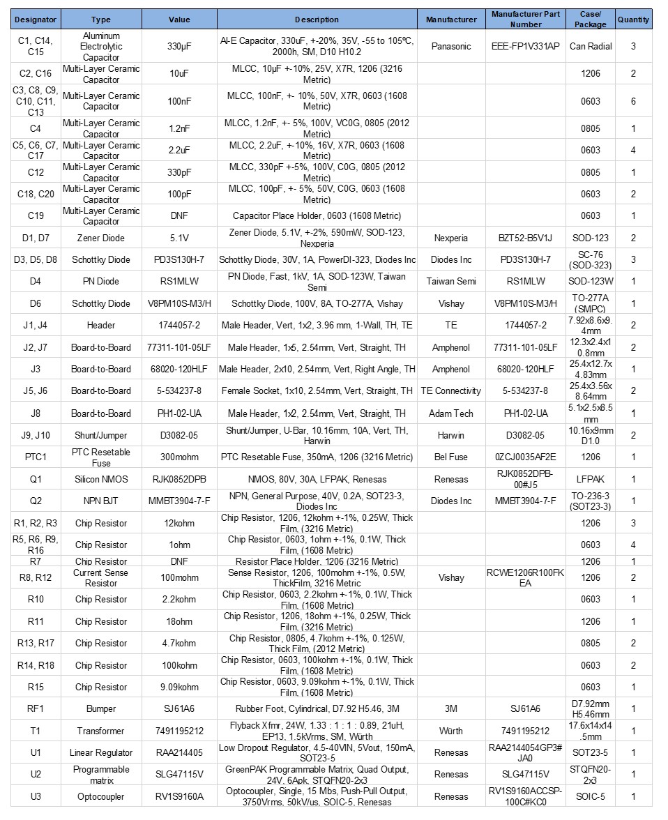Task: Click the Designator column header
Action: [36, 20]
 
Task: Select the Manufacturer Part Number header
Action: [525, 20]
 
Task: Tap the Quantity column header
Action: [633, 20]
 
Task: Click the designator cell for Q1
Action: [36, 479]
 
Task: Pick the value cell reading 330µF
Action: [179, 46]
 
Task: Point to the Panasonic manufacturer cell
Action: [451, 46]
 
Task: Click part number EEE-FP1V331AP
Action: [525, 46]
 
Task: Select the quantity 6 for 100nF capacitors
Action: [633, 101]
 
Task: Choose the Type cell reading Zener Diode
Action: [101, 238]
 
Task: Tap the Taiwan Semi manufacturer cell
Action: [451, 282]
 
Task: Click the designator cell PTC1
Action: [36, 457]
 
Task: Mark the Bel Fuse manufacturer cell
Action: [451, 457]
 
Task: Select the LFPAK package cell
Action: [590, 479]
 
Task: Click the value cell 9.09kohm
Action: [179, 687]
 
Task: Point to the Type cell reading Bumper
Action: [101, 709]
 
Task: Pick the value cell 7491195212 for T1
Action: [179, 731]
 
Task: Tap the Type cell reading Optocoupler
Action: [101, 796]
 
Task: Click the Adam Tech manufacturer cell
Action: [451, 413]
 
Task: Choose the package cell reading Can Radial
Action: [590, 46]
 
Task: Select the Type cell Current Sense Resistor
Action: [101, 577]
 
